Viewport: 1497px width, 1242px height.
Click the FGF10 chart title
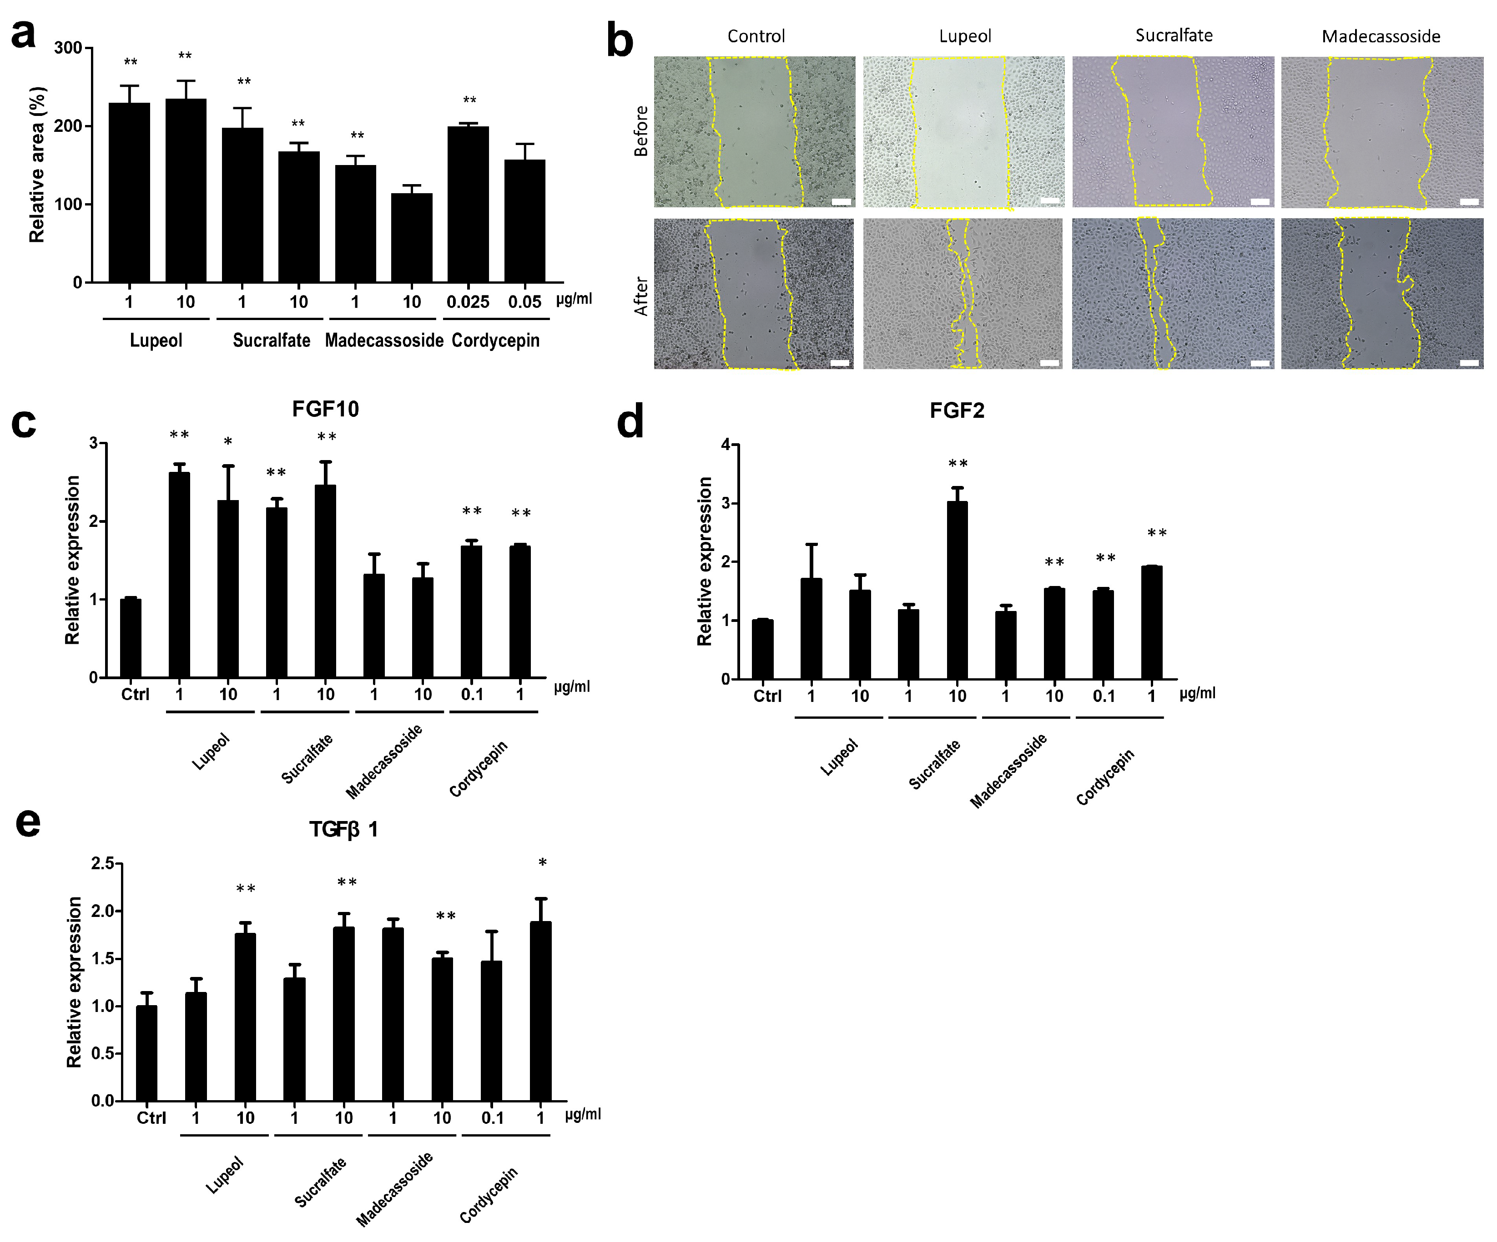point(325,409)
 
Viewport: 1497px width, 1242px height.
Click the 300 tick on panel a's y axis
point(68,48)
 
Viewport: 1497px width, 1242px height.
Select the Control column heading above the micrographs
point(756,36)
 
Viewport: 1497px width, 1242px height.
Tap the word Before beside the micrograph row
point(641,131)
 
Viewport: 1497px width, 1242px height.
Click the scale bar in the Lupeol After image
point(1049,363)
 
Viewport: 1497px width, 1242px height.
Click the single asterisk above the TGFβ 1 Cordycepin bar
point(543,863)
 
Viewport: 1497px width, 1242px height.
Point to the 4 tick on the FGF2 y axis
point(726,445)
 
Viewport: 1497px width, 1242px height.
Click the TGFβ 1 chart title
point(343,829)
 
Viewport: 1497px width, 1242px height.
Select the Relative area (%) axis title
point(37,165)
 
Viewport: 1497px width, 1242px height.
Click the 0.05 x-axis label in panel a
point(524,302)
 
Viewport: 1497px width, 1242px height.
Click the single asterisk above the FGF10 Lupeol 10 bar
point(228,442)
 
